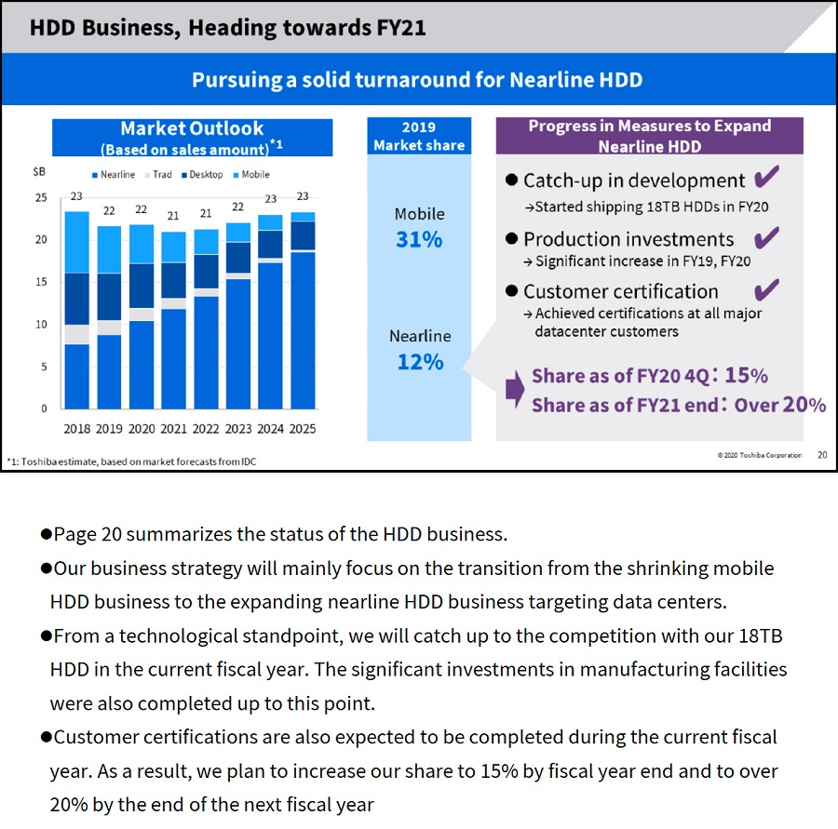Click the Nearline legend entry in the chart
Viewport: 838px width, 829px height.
[x=114, y=175]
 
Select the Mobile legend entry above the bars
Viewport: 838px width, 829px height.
[x=251, y=175]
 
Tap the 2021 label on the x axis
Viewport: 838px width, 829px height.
[x=174, y=429]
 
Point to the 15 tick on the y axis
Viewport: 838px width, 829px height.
[x=41, y=282]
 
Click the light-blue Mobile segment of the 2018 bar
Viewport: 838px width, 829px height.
[x=77, y=243]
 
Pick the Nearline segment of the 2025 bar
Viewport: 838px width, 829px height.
[x=303, y=330]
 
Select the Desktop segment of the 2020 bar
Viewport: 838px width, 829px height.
[x=142, y=286]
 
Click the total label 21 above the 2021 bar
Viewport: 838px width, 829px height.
[x=172, y=216]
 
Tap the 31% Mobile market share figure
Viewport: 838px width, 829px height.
[x=419, y=239]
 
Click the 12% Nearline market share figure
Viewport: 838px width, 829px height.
[x=420, y=362]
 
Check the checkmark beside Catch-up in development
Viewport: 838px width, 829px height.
[x=766, y=177]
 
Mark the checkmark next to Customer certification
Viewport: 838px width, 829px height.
[x=766, y=290]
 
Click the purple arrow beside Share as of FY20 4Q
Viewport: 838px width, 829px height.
[x=515, y=389]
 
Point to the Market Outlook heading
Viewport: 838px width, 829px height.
[x=192, y=128]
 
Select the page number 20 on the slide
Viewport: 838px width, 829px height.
[x=822, y=455]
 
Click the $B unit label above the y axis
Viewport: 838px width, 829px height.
[x=39, y=171]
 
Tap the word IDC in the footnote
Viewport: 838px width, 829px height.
[x=249, y=461]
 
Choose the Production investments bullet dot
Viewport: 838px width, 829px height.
[x=511, y=238]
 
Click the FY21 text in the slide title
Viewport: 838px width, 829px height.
[x=400, y=28]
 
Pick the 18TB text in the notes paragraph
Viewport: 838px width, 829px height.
[x=761, y=636]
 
